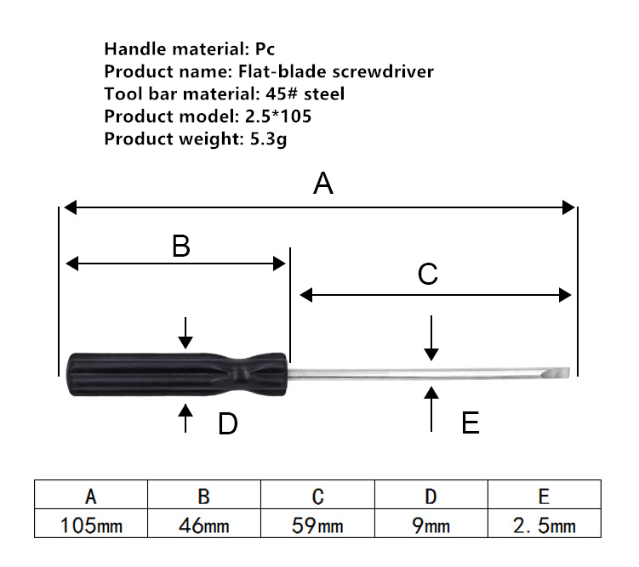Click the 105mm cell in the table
pyautogui.click(x=91, y=524)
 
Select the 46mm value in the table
pyautogui.click(x=204, y=524)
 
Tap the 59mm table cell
pyautogui.click(x=317, y=524)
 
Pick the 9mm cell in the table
pyautogui.click(x=431, y=524)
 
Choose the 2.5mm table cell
pyautogui.click(x=545, y=524)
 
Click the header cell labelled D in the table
pyautogui.click(x=431, y=495)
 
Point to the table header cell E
pyautogui.click(x=545, y=495)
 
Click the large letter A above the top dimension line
pyautogui.click(x=323, y=184)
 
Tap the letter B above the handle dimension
pyautogui.click(x=181, y=247)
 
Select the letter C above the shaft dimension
pyautogui.click(x=427, y=274)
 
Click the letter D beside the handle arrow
pyautogui.click(x=228, y=423)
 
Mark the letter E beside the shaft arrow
pyautogui.click(x=471, y=422)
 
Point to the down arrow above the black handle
pyautogui.click(x=185, y=333)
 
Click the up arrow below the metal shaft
pyautogui.click(x=431, y=409)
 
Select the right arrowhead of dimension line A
pyautogui.click(x=568, y=207)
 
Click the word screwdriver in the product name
pyautogui.click(x=383, y=71)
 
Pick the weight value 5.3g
pyautogui.click(x=268, y=139)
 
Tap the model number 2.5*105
pyautogui.click(x=278, y=116)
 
